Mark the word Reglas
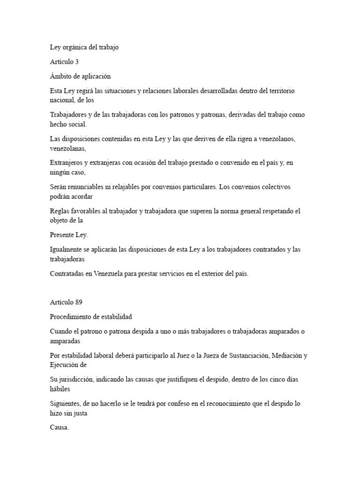click(x=60, y=211)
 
